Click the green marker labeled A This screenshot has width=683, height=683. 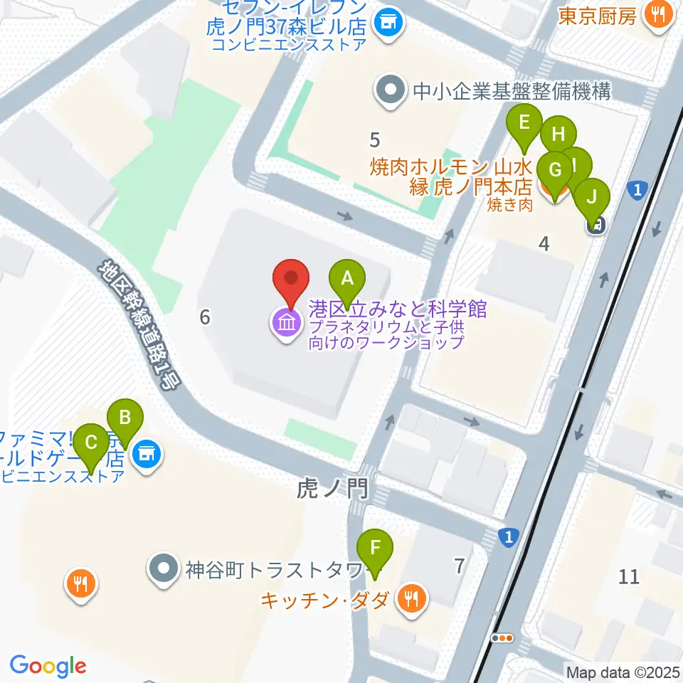[347, 277]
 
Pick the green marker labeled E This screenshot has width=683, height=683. [524, 122]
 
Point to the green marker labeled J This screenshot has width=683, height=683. [593, 196]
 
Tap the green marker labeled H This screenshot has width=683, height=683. [558, 134]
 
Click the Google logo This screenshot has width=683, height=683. [47, 667]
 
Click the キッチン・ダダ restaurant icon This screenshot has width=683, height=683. [411, 598]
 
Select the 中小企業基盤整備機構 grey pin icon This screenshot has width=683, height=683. [390, 91]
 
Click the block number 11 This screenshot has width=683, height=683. [629, 576]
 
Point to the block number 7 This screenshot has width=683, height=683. [460, 566]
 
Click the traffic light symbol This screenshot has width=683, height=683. [502, 638]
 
